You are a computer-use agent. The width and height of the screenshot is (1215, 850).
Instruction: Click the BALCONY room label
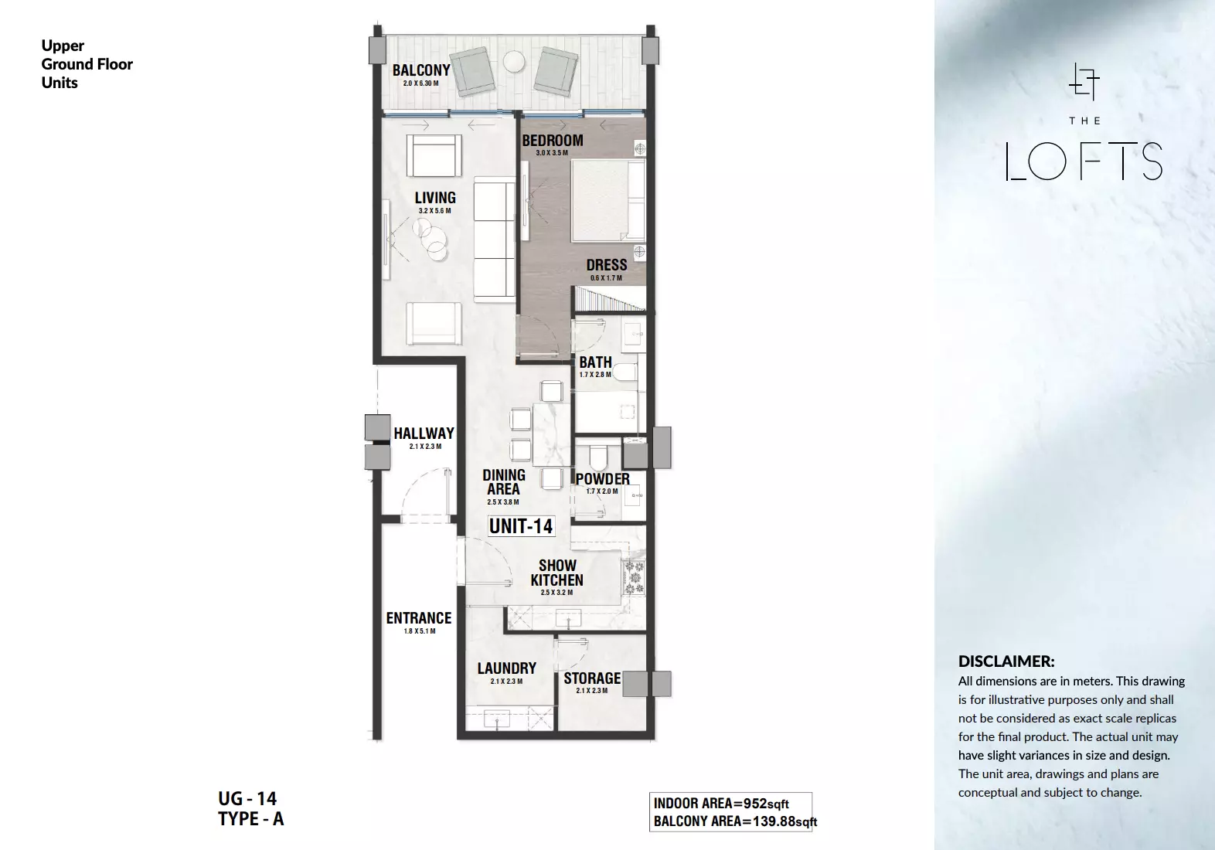(x=421, y=70)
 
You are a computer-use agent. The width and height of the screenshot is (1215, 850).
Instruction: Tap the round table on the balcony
(x=514, y=62)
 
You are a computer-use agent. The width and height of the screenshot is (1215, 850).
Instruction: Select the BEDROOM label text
(x=553, y=141)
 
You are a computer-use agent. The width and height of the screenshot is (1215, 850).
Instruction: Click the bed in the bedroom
(x=608, y=200)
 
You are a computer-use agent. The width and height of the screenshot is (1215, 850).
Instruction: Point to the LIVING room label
(x=435, y=198)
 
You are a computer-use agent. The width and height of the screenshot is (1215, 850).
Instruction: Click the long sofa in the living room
(x=494, y=240)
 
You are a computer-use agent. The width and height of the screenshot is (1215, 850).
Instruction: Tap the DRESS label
(x=607, y=265)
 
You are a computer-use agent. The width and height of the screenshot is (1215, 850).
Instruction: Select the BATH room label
(x=595, y=362)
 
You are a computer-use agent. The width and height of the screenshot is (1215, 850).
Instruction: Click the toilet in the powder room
(x=600, y=457)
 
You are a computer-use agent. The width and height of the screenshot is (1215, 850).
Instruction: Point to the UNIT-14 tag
(x=521, y=525)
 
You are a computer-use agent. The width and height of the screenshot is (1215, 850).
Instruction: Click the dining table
(x=551, y=434)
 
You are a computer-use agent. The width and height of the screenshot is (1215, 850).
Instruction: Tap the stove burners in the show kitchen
(x=634, y=578)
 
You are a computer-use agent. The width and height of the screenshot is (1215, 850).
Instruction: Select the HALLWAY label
(x=424, y=433)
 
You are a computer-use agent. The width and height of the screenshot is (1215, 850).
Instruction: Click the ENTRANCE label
(x=419, y=618)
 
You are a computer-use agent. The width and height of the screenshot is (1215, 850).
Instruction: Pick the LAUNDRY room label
(x=506, y=668)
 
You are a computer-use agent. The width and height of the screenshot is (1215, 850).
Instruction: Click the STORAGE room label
(x=592, y=678)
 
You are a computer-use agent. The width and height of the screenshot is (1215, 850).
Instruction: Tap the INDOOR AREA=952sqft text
(x=721, y=804)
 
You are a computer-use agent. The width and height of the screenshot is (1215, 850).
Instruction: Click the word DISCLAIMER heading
(x=1006, y=661)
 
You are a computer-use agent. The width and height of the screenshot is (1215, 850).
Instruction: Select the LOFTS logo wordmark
(x=1084, y=161)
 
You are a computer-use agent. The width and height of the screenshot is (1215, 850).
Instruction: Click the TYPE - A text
(x=250, y=818)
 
